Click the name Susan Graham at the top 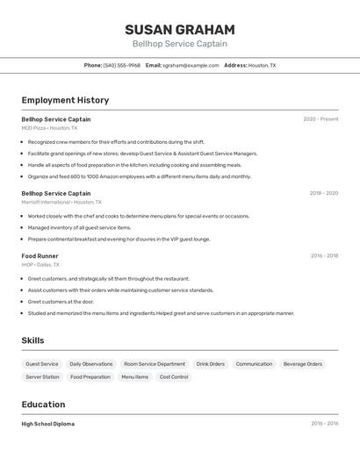179,30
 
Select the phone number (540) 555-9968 122,65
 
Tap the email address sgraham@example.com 191,65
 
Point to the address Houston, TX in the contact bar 262,65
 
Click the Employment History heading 65,101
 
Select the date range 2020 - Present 320,119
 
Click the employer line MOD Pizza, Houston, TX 49,128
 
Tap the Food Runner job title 40,255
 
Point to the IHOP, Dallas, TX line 40,264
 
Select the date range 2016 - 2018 324,256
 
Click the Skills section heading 32,340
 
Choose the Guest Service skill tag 42,364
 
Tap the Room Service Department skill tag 155,364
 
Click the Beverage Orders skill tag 302,364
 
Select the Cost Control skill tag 174,377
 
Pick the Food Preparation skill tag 90,377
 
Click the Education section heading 43,404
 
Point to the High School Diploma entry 48,424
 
